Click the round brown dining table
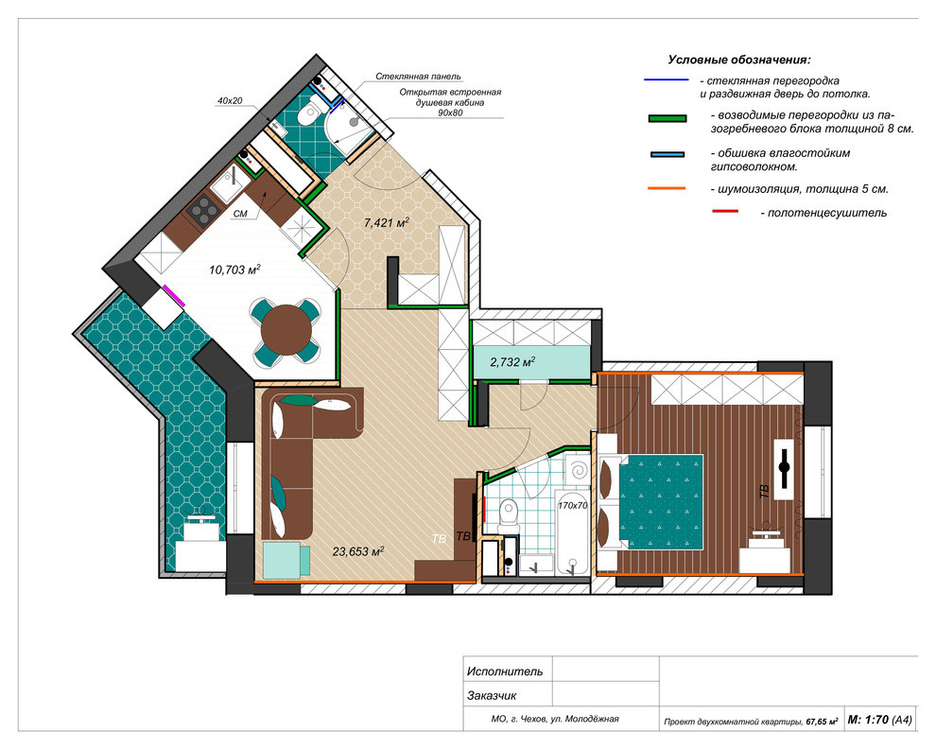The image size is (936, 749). coord(286,330)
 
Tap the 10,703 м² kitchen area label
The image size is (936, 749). coord(234,270)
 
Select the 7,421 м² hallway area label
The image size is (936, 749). coord(387,223)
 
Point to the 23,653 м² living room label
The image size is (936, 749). coord(358,551)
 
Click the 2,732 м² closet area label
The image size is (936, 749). coord(512,361)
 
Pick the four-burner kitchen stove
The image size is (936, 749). coord(201,208)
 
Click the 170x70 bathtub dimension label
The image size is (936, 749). coord(572,505)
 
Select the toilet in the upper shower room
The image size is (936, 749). coord(310,112)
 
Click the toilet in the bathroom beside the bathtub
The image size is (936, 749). coord(508,514)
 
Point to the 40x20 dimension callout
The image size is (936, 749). coord(230,101)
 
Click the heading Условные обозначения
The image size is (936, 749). coord(739,60)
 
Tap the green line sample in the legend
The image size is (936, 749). coord(667,118)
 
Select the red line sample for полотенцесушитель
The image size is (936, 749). coord(725,211)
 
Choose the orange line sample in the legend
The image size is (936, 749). coord(667,189)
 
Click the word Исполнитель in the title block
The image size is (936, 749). coord(505,671)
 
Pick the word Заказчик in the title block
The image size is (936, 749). coord(492,696)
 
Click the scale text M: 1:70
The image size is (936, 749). coord(869,721)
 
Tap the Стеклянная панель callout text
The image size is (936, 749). coord(418,77)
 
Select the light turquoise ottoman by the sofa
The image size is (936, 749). coord(286,560)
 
